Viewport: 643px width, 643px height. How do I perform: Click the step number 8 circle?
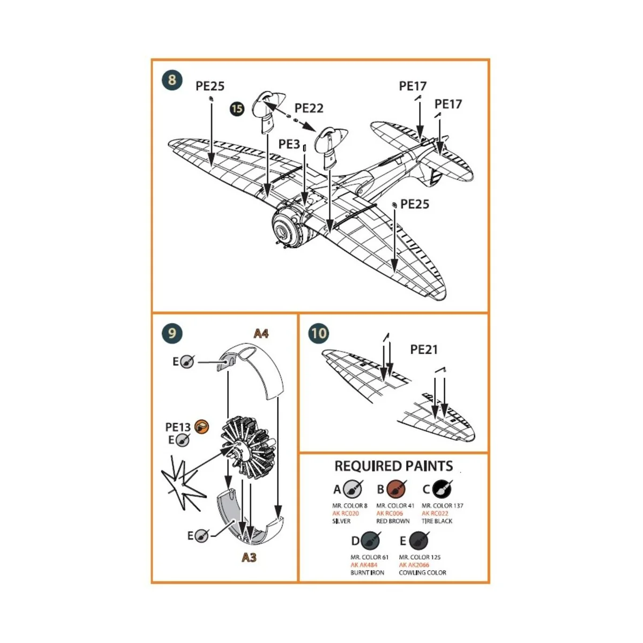click(171, 80)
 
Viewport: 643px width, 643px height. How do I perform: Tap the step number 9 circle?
click(171, 333)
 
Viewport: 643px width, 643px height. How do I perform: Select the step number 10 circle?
click(318, 333)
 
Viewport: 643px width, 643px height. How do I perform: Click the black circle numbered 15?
click(236, 109)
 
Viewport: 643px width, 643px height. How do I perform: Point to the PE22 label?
click(309, 108)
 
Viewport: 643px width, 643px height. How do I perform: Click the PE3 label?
click(289, 144)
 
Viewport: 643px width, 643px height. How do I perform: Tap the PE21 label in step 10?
click(423, 349)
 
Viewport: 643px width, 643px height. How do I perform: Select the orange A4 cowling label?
click(260, 334)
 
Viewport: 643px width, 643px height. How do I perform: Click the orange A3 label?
click(249, 557)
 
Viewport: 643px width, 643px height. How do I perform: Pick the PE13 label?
click(178, 427)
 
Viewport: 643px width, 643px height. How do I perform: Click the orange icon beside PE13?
click(201, 427)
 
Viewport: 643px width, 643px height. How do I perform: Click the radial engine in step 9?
click(250, 449)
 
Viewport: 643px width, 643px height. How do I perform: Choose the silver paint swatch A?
click(353, 489)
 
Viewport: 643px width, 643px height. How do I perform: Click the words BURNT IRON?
click(367, 573)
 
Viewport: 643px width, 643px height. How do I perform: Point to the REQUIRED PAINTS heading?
click(394, 466)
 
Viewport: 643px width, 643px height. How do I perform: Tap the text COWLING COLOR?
click(422, 573)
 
